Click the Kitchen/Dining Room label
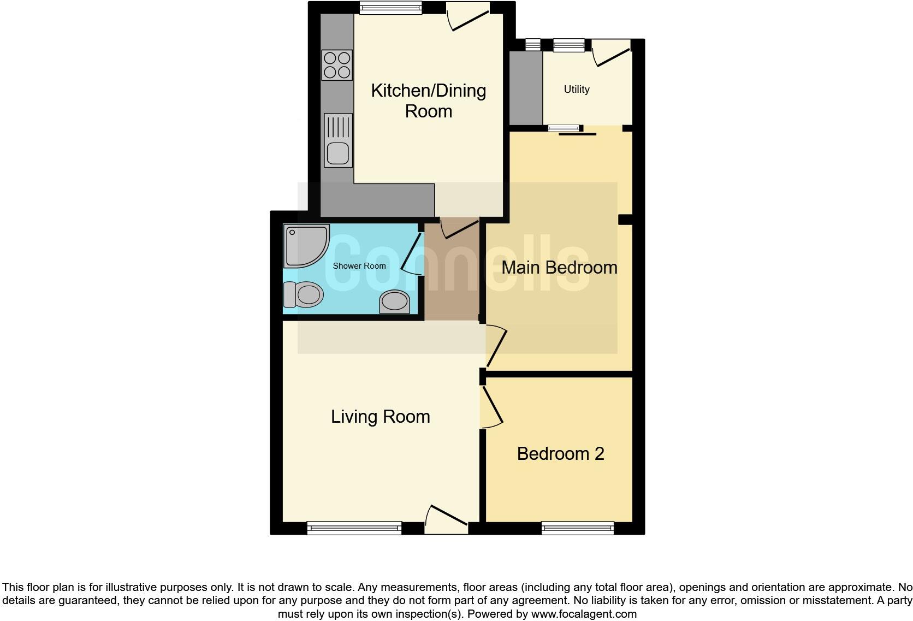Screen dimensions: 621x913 pos(428,100)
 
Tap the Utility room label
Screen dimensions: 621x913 pos(577,89)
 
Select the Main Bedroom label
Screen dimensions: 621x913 pos(559,267)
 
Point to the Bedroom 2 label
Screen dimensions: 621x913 pos(560,453)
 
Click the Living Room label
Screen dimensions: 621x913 pos(380,416)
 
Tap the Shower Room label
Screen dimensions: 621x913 pos(359,266)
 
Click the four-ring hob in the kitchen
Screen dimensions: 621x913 pos(337,65)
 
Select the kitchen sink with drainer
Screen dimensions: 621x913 pos(338,140)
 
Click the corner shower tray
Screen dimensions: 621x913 pos(305,245)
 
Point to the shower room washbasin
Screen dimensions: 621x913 pos(395,301)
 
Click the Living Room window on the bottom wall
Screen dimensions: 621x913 pos(354,528)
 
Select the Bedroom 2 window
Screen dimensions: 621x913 pos(577,528)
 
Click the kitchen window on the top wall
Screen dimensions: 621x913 pos(390,7)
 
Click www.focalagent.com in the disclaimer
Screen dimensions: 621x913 pos(583,613)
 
